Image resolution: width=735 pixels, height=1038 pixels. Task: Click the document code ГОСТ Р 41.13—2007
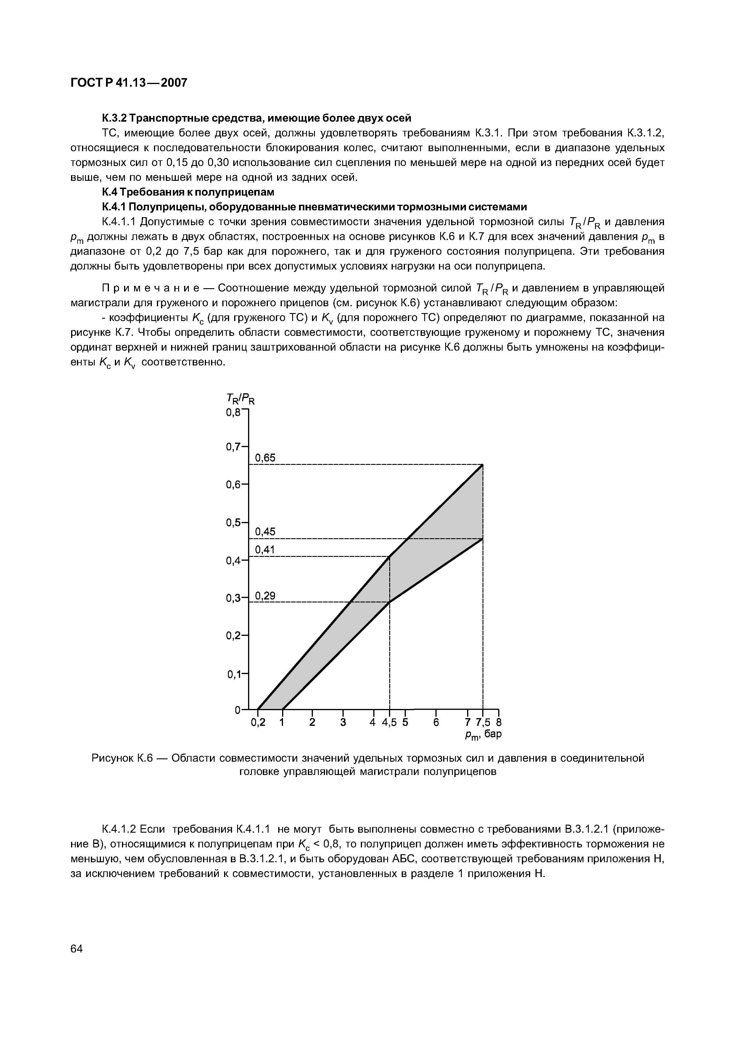click(x=129, y=83)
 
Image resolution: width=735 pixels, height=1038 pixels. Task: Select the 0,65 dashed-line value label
click(x=265, y=458)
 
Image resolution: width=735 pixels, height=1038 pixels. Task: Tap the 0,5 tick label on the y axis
click(x=234, y=522)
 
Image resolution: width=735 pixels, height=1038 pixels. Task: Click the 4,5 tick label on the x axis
click(x=389, y=722)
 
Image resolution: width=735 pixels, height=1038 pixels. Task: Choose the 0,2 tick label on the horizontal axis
click(x=258, y=722)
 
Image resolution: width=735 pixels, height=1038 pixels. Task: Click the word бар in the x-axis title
click(x=493, y=734)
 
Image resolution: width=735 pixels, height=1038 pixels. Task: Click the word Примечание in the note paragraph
click(x=154, y=288)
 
